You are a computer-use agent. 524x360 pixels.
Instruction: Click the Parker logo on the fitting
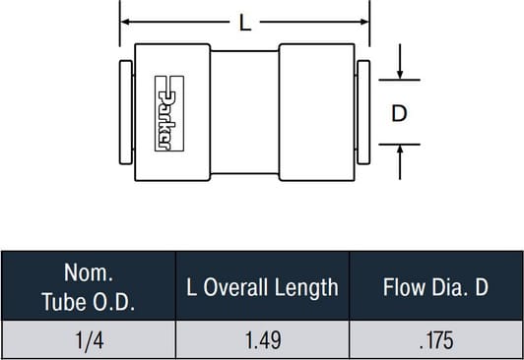[x=169, y=113]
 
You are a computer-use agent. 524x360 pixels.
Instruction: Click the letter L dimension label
[x=245, y=24]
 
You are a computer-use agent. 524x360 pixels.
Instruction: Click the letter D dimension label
[x=399, y=113]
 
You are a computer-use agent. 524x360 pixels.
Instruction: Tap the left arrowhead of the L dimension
[x=125, y=22]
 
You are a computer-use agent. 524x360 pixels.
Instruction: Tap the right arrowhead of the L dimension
[x=364, y=22]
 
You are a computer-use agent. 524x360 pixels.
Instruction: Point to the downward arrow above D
[x=400, y=62]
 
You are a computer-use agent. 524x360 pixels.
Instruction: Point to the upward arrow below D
[x=400, y=162]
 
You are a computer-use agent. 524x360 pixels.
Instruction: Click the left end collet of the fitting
[x=126, y=112]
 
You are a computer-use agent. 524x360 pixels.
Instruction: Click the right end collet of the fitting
[x=363, y=112]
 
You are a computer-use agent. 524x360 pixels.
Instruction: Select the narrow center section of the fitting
[x=244, y=112]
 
